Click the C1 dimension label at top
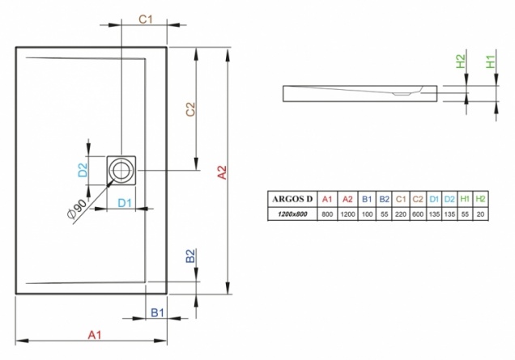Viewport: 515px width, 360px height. (146, 19)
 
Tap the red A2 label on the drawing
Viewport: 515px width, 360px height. (223, 172)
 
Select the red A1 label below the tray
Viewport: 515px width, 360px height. (95, 335)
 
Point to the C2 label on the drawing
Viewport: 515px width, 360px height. (190, 109)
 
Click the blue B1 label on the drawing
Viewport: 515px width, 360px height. (157, 312)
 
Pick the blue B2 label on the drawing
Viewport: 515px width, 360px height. (190, 256)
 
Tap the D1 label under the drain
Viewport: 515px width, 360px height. (125, 203)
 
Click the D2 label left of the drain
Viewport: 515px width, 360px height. (83, 170)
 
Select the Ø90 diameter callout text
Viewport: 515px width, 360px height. (77, 209)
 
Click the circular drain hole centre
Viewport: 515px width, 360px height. (121, 171)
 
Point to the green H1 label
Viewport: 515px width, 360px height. (491, 61)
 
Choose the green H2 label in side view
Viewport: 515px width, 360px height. (461, 61)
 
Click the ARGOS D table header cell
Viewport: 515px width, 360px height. (292, 199)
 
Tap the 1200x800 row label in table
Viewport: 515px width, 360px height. (292, 214)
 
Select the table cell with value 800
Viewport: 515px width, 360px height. (327, 214)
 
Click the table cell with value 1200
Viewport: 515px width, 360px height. (347, 214)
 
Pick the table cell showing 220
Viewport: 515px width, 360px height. (401, 214)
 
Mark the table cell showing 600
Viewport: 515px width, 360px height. (418, 214)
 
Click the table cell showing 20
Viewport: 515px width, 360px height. (480, 214)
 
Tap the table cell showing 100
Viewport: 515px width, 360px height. (367, 214)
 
